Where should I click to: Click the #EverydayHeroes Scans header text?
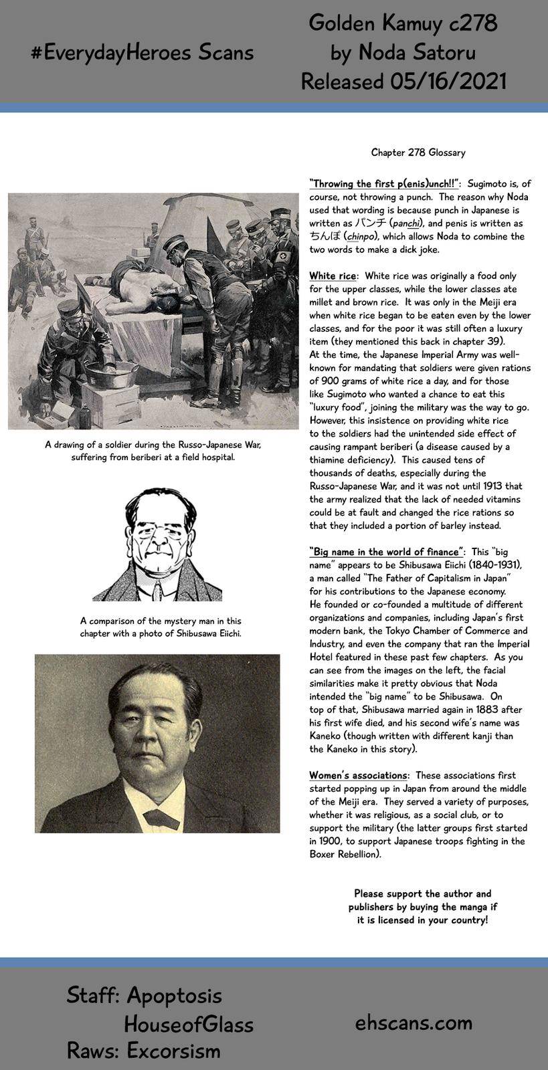(142, 53)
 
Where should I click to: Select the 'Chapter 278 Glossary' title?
(418, 152)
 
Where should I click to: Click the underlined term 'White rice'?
(333, 276)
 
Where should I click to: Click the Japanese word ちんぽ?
(325, 236)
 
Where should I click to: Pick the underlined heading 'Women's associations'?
(359, 775)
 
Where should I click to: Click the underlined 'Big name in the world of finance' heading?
(387, 552)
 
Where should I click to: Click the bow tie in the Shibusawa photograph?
(158, 817)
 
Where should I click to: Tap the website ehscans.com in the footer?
(414, 1022)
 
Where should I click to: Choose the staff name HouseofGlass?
(188, 1024)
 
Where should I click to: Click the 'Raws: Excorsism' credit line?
(143, 1051)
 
